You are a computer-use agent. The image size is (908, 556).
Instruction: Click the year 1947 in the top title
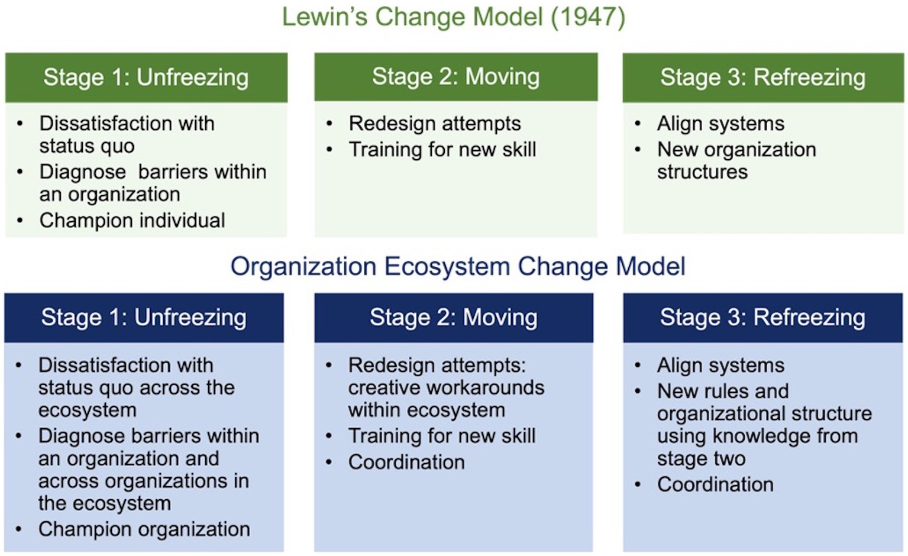[588, 17]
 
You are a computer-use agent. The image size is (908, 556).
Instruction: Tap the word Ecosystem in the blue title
[447, 266]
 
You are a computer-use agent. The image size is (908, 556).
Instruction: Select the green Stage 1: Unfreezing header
[146, 77]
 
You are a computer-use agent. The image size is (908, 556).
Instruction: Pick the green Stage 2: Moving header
[456, 77]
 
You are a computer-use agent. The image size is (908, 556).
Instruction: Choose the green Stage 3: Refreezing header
[763, 77]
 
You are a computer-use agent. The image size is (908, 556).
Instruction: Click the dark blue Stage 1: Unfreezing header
[144, 318]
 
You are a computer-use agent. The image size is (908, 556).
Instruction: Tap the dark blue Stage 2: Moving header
[454, 318]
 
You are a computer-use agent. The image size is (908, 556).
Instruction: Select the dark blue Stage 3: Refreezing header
[763, 318]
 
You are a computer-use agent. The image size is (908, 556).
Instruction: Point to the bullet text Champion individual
[132, 221]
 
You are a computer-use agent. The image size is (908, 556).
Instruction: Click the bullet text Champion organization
[144, 529]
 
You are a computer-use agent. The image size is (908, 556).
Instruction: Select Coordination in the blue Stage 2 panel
[406, 463]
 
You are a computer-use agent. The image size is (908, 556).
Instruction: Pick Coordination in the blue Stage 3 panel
[715, 484]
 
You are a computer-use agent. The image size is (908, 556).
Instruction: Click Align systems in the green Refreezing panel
[720, 124]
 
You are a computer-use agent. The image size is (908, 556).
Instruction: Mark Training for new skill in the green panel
[442, 150]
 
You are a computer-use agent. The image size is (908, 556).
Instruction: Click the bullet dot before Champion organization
[19, 529]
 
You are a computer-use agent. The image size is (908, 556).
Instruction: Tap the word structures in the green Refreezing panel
[703, 172]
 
